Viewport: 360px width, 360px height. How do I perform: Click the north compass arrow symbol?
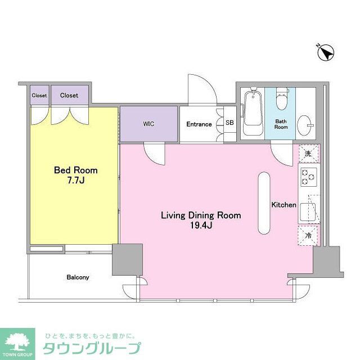point(325,53)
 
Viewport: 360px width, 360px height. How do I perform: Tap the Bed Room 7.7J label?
point(75,174)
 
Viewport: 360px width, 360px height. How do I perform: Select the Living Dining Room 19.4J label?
point(201,220)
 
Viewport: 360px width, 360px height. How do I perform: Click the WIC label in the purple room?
point(148,124)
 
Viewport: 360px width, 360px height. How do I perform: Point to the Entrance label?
point(199,124)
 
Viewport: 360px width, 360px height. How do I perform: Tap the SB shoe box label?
point(229,123)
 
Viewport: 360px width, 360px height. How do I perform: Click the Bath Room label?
point(281,124)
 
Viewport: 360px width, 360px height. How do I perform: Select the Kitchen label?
point(283,205)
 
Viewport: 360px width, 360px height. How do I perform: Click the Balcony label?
point(78,277)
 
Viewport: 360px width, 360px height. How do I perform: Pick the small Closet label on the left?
point(39,96)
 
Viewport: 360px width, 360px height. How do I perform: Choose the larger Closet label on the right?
point(69,96)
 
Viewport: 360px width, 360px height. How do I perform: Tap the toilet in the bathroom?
point(281,101)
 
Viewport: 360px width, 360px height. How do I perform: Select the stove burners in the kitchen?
point(308,178)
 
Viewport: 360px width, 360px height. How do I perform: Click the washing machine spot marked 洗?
point(308,154)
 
